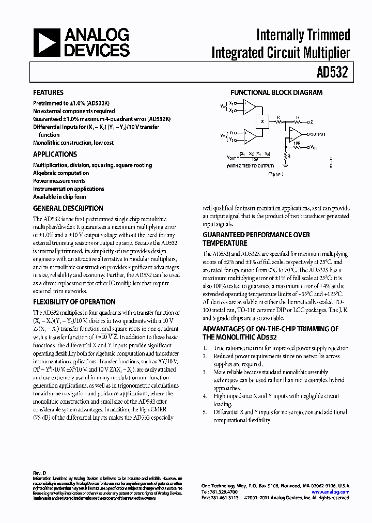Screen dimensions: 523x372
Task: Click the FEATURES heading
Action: click(48, 93)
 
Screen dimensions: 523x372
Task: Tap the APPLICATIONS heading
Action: click(55, 154)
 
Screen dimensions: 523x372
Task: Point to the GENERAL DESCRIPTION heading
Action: click(68, 208)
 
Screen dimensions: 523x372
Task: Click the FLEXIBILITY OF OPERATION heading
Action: click(74, 302)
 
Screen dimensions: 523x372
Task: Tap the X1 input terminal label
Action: click(232, 103)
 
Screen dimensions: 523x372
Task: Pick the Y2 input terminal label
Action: click(232, 140)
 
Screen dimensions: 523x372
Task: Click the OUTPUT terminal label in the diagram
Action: click(318, 134)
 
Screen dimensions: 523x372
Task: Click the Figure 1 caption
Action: click(276, 175)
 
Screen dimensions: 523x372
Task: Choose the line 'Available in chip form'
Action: click(59, 197)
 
